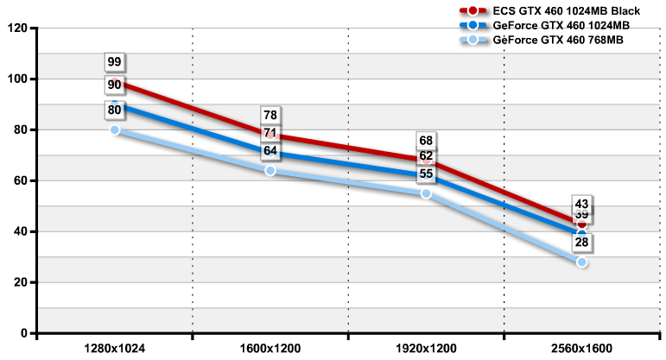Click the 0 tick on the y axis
(x=24, y=333)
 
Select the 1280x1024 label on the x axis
(x=115, y=348)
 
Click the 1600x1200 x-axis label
(x=270, y=348)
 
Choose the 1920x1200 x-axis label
(x=426, y=348)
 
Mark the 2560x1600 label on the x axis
(x=581, y=348)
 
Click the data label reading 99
(x=115, y=62)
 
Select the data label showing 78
(x=270, y=115)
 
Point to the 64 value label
(x=270, y=151)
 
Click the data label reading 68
(x=426, y=141)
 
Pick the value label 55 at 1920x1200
(x=426, y=174)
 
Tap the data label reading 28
(x=581, y=243)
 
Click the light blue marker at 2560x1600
(x=581, y=262)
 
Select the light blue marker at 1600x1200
(x=270, y=170)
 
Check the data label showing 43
(x=581, y=205)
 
